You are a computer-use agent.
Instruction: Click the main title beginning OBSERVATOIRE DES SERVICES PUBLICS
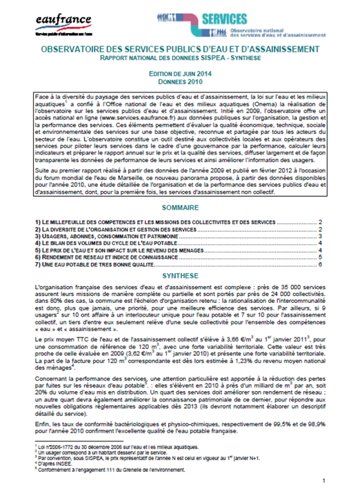(x=180, y=50)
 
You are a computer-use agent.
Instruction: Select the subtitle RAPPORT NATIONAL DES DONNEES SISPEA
(x=180, y=59)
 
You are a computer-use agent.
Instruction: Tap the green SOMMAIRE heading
(x=180, y=207)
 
